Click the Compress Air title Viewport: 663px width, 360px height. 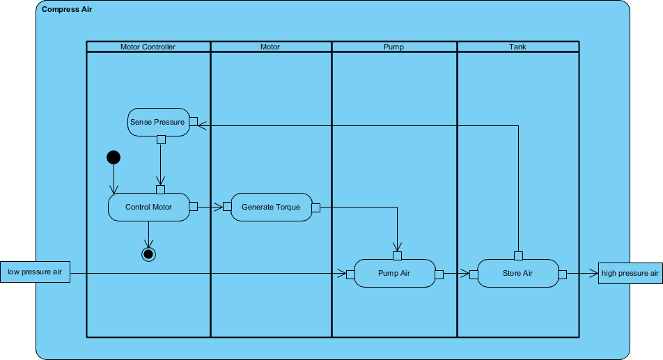(67, 10)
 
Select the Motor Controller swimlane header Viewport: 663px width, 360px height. (148, 47)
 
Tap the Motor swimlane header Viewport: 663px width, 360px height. (270, 47)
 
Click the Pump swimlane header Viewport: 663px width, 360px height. (393, 47)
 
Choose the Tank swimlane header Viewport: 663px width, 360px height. (517, 47)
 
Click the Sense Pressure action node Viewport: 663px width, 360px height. (157, 122)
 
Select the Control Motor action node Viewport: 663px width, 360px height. (148, 207)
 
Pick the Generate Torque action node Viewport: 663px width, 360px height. (271, 207)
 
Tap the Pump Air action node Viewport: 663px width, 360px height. (394, 273)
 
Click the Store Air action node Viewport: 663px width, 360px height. (517, 273)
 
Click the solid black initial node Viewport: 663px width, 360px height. (114, 157)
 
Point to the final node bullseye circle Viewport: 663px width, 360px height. (148, 253)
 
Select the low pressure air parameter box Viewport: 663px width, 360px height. (35, 272)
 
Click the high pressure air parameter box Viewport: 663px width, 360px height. (630, 273)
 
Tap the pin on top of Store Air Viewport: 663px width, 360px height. (518, 255)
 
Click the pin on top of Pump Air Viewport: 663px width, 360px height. (398, 255)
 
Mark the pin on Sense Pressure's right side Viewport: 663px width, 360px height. (194, 122)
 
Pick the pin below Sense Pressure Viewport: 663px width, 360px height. (161, 139)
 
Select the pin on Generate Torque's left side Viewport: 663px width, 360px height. (227, 207)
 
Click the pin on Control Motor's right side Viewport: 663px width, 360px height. (194, 207)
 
